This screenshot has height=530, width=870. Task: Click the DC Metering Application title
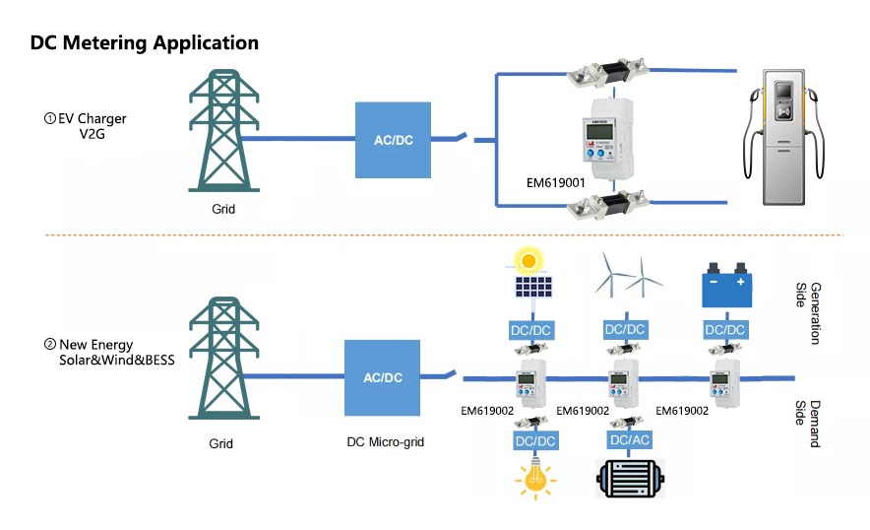tap(144, 43)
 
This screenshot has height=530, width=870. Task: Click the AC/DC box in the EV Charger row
tap(394, 140)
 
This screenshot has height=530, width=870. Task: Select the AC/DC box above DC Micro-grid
tap(383, 377)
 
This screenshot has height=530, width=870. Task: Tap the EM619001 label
tap(556, 182)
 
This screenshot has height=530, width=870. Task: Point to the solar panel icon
tap(529, 275)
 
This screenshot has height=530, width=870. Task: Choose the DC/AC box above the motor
tap(629, 439)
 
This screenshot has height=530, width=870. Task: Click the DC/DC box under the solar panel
tap(529, 329)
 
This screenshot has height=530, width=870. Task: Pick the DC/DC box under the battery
tap(724, 329)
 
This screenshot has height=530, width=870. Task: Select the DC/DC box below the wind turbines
tap(626, 329)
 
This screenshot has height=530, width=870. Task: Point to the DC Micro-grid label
tap(386, 442)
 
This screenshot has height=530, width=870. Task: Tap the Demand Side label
tap(807, 424)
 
